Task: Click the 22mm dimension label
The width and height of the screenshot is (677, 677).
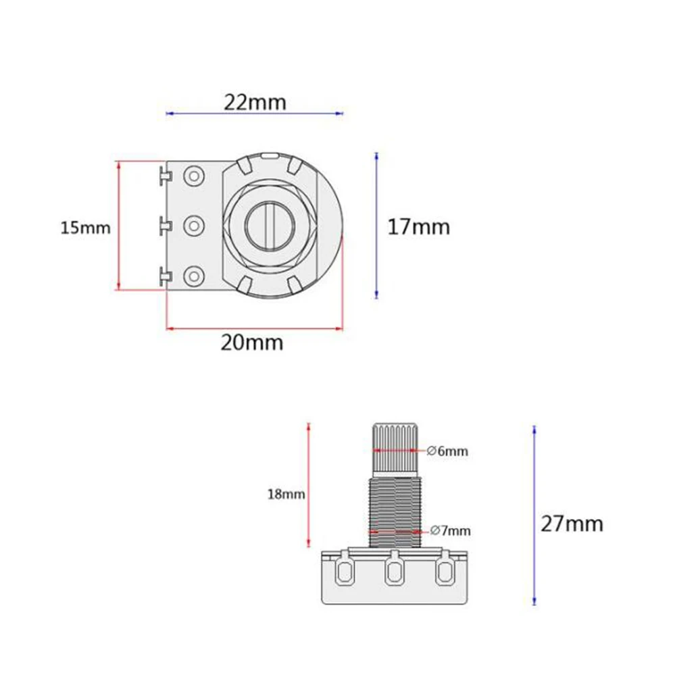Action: pos(255,102)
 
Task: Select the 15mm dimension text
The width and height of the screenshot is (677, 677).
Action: pos(85,228)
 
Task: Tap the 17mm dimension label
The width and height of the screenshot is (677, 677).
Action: pos(418,227)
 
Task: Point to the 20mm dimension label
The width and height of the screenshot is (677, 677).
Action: pos(252,343)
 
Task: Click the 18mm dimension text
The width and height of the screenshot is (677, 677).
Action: pos(286,494)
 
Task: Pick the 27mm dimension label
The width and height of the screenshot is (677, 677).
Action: pos(572,523)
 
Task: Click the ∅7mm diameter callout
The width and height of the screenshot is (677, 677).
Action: pos(449,530)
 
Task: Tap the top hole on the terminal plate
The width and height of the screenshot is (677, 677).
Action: pos(195,176)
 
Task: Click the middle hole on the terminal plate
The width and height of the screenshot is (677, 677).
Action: pos(195,225)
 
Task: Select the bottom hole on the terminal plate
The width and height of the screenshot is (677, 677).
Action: pos(195,275)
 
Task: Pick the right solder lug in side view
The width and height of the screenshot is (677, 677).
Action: pos(444,572)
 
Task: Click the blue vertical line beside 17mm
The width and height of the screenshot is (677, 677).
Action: pos(376,226)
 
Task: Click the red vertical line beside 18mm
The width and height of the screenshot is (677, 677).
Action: pos(309,485)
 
